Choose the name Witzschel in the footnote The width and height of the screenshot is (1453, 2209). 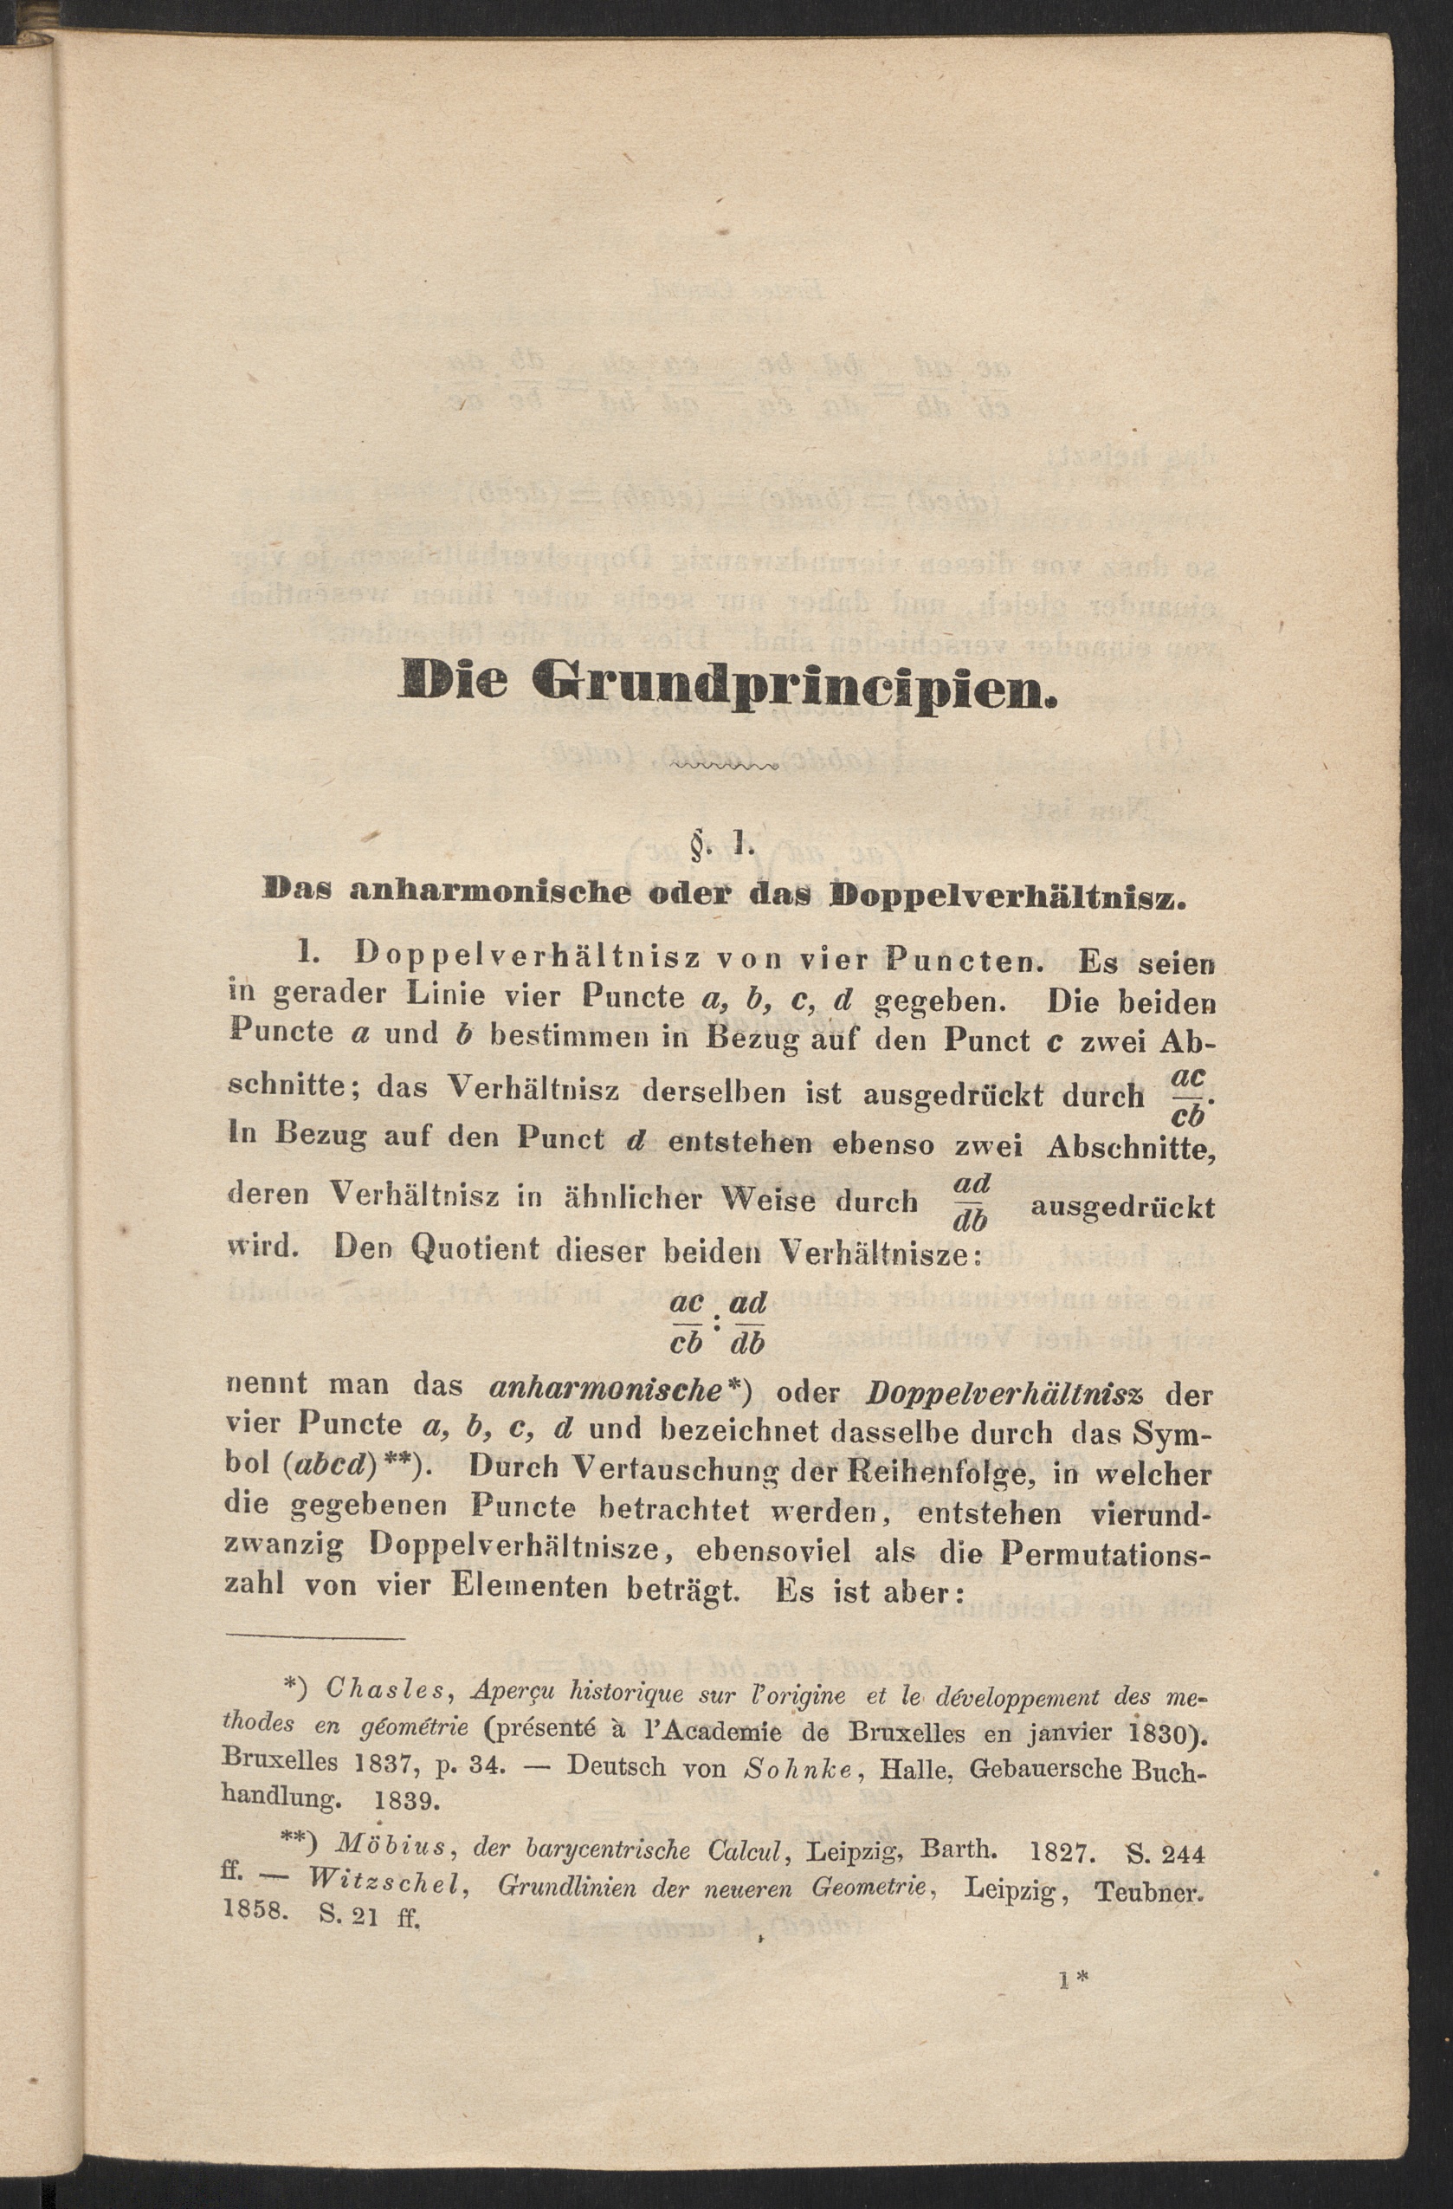pyautogui.click(x=385, y=1882)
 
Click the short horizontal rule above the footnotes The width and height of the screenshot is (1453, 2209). pyautogui.click(x=314, y=1638)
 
